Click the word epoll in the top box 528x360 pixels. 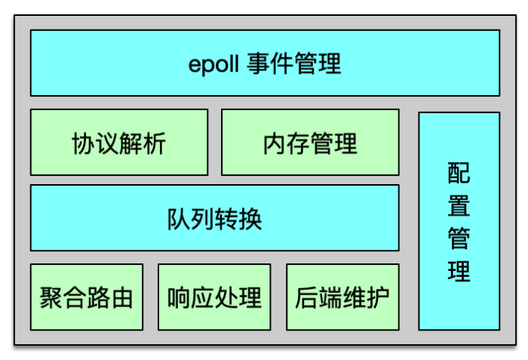(214, 64)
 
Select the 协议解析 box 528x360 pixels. (119, 142)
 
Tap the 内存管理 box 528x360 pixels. (310, 142)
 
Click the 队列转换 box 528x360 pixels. (214, 218)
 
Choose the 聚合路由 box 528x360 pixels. (87, 297)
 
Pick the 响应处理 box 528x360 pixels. (214, 297)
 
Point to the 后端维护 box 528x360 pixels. (342, 297)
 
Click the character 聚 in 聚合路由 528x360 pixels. (51, 298)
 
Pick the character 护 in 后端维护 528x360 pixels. (378, 298)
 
